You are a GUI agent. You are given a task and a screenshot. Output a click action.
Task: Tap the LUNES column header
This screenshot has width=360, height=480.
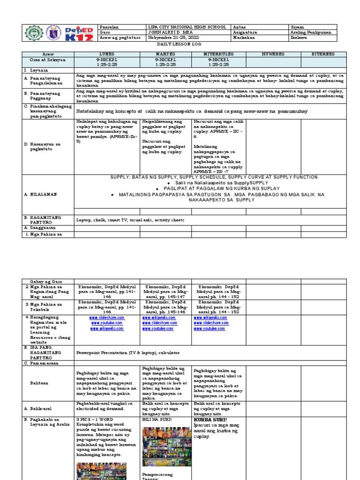(107, 54)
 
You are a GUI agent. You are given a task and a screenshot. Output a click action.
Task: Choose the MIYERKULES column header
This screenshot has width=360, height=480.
(219, 54)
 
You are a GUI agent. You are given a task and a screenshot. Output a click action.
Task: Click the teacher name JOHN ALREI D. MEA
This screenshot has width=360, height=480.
(170, 33)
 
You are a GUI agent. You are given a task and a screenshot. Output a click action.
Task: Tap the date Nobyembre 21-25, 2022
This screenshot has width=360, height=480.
(170, 38)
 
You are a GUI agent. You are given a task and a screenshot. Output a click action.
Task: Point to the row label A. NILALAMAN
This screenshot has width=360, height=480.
(40, 193)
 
